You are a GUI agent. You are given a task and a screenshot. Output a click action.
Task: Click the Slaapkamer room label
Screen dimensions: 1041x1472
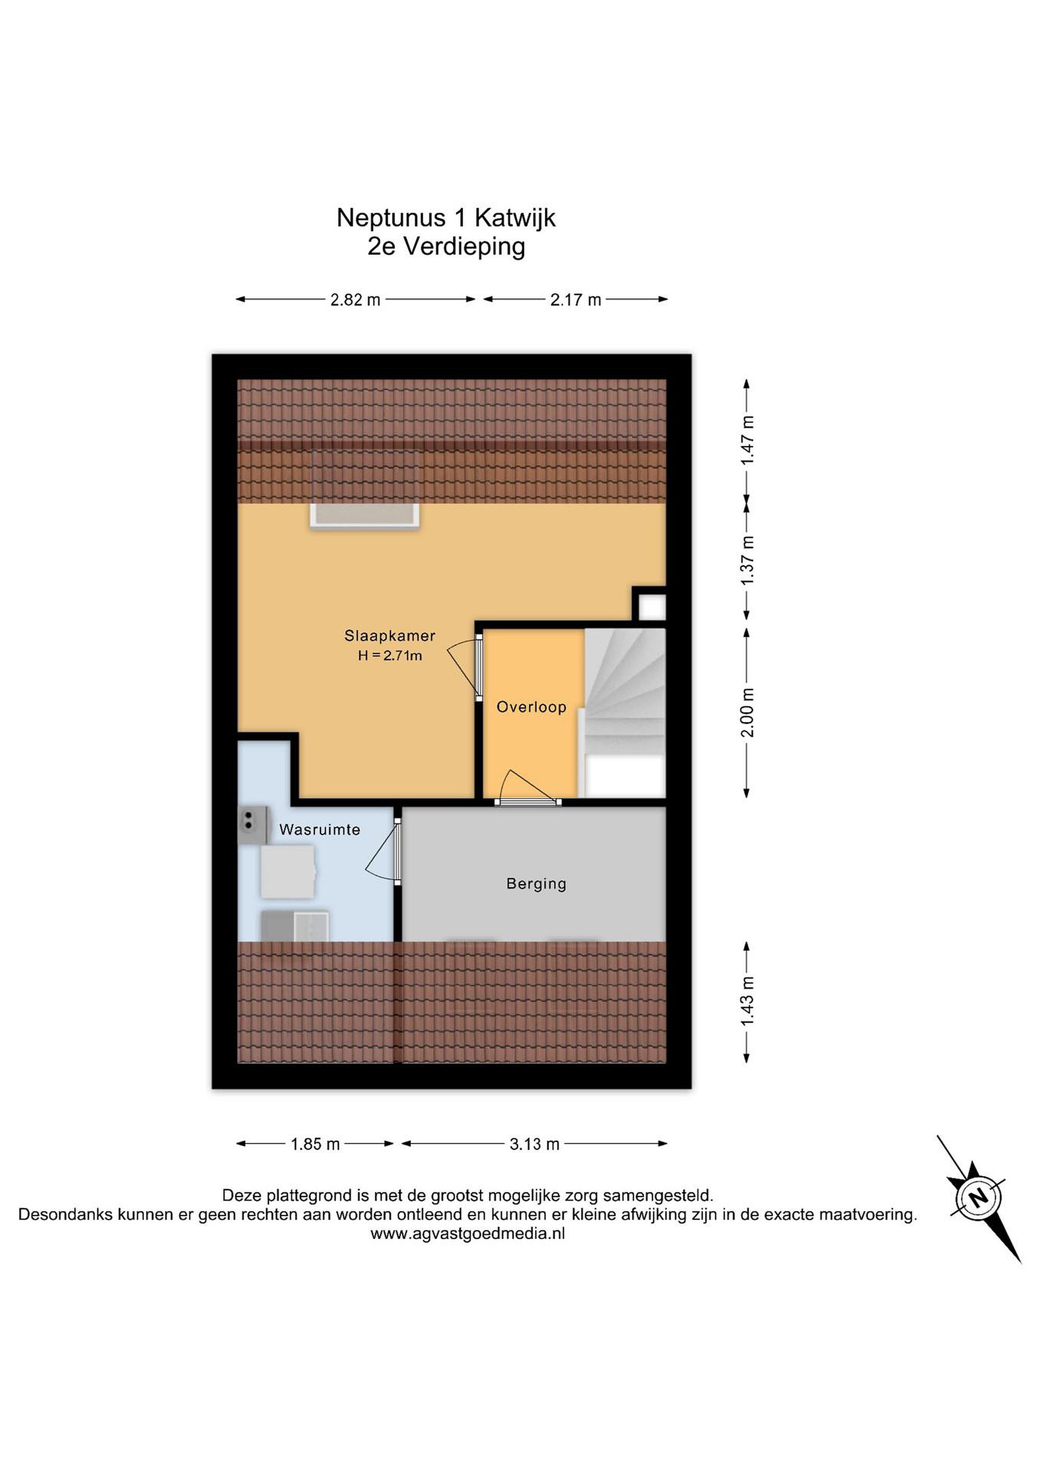[390, 636]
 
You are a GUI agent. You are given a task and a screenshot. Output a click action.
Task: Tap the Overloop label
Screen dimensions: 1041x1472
[531, 707]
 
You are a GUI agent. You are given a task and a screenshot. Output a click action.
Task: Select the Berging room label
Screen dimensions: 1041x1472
[537, 884]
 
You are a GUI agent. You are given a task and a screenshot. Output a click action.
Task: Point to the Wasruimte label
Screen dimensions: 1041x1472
[320, 830]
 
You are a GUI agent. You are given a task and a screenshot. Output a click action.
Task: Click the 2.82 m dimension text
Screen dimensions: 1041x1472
[355, 300]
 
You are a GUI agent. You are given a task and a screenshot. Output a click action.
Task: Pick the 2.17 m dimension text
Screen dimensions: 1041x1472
[575, 300]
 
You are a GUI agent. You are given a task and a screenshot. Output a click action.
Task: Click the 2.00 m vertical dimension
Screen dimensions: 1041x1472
[748, 712]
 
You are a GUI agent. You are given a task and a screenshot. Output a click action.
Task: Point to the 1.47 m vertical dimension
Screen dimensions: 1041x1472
[748, 441]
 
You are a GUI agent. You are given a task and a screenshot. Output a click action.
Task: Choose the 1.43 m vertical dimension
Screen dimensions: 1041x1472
[748, 1001]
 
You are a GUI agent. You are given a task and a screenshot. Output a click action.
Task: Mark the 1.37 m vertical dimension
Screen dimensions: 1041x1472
[748, 560]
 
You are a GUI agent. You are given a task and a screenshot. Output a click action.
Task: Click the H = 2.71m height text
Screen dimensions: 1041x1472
[390, 655]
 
